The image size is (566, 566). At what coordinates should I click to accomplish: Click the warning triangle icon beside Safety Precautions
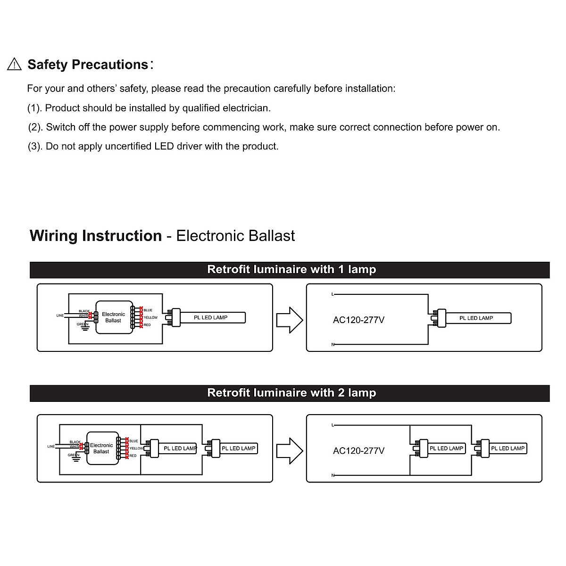tap(15, 64)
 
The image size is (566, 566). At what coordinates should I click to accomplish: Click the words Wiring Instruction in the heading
tap(96, 236)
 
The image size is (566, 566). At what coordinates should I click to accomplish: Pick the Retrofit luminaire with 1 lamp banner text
tap(291, 270)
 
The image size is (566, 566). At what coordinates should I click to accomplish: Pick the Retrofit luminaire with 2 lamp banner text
tap(291, 393)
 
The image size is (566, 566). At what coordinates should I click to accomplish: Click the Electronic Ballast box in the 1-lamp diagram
tap(114, 317)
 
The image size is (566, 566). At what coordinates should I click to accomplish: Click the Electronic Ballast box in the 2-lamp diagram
tap(102, 449)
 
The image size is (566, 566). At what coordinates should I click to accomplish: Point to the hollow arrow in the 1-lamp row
tap(289, 320)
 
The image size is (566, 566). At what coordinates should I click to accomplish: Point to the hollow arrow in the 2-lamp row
tap(289, 451)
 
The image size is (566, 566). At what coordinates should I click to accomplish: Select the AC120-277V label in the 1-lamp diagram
tap(358, 320)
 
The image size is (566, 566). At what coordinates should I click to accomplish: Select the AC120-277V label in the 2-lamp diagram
tap(358, 451)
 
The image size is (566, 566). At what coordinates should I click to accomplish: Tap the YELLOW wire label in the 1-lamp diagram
tap(151, 317)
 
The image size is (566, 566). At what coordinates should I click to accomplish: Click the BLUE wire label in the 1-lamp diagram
tap(148, 310)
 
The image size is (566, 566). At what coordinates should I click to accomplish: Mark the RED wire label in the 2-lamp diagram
tap(133, 456)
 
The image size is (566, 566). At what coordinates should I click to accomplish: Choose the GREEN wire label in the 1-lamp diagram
tap(83, 324)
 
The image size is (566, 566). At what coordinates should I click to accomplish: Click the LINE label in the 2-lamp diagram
tap(51, 446)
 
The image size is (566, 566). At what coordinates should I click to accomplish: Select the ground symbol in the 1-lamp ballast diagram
tap(85, 328)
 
